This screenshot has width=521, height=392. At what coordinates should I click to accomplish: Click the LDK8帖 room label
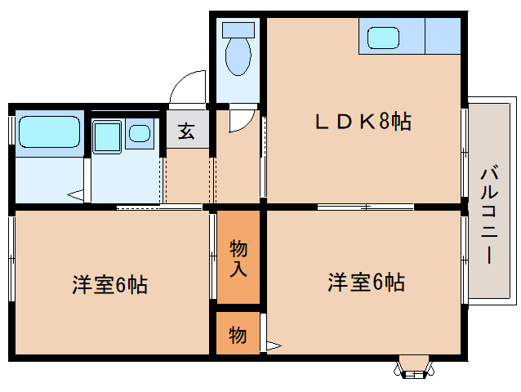(x=363, y=122)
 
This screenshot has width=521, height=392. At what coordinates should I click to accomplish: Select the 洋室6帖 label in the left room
(x=109, y=285)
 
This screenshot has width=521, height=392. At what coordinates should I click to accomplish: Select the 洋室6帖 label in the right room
(x=366, y=283)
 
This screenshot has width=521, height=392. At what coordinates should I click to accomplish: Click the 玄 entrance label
(x=187, y=131)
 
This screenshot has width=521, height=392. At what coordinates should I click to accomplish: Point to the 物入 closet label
(x=238, y=257)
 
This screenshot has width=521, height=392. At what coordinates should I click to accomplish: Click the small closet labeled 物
(x=238, y=334)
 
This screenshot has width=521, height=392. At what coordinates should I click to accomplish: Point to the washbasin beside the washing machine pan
(x=140, y=132)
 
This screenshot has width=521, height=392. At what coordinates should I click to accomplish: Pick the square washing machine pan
(x=107, y=136)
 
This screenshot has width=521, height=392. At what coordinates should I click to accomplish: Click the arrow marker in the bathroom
(x=76, y=196)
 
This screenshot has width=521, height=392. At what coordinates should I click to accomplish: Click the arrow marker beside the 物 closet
(x=273, y=345)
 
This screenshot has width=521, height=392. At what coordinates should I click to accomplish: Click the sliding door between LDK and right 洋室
(x=364, y=206)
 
